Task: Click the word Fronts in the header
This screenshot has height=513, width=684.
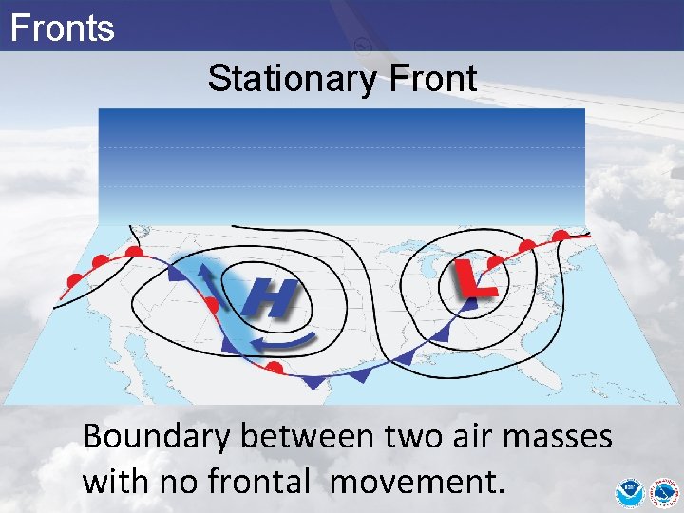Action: (x=62, y=28)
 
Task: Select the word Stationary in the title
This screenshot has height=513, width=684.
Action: (x=294, y=79)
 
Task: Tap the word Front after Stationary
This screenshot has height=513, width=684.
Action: (x=432, y=79)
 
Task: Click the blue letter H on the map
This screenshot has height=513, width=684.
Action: (x=270, y=300)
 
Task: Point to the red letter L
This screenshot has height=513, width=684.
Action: (x=473, y=278)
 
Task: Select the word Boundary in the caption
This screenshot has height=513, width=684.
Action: (x=157, y=438)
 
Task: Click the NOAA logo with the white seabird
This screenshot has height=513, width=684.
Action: (x=628, y=492)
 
